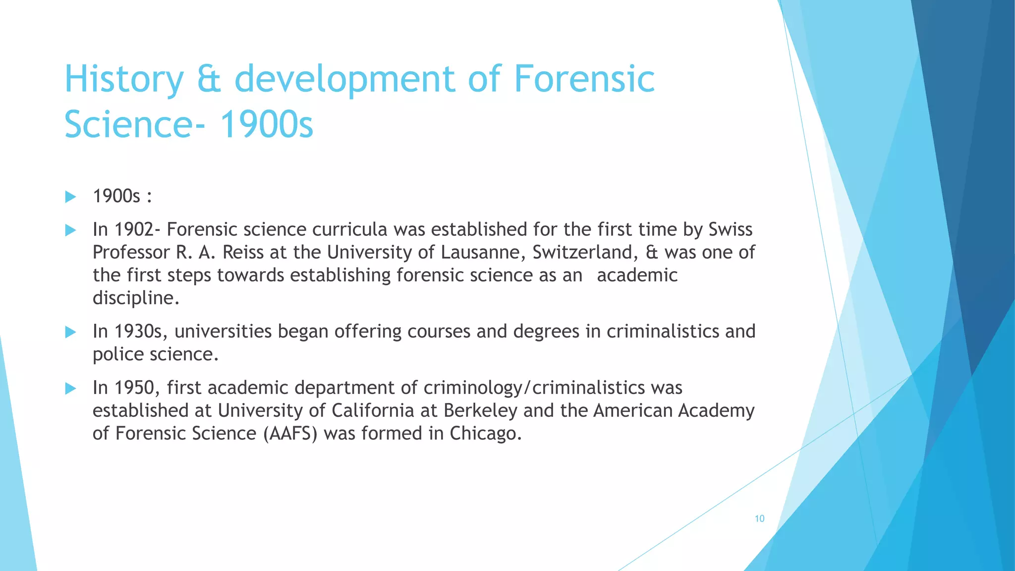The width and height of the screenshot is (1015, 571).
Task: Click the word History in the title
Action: point(124,79)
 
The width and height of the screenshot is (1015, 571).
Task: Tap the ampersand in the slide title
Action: point(209,79)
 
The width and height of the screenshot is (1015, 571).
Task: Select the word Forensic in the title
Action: point(584,79)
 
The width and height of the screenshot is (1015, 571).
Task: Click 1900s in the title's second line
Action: point(266,124)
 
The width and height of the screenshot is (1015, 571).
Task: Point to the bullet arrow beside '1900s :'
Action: point(70,197)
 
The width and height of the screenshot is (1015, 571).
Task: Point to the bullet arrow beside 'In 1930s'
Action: point(70,332)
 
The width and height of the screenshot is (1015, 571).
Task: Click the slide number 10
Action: point(759,518)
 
